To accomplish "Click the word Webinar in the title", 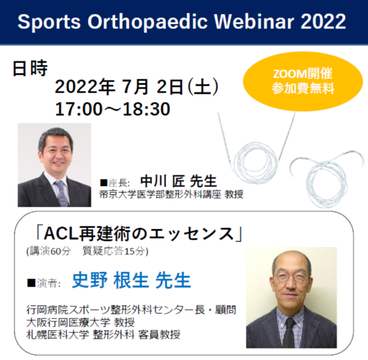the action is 254,22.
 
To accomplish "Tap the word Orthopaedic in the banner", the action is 148,22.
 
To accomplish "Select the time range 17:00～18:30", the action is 113,109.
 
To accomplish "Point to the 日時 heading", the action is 30,68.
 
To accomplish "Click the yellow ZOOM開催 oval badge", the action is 303,82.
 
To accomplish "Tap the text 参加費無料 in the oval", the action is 303,89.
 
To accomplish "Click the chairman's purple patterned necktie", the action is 61,193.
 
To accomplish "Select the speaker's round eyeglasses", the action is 292,277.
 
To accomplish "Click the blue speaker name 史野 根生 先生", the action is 131,280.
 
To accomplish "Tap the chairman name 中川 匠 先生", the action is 178,181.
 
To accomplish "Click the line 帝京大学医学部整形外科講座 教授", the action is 172,194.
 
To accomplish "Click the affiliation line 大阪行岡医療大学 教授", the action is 80,323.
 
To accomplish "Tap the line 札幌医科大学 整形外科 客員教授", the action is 103,335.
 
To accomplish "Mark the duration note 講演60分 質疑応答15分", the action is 87,251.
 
